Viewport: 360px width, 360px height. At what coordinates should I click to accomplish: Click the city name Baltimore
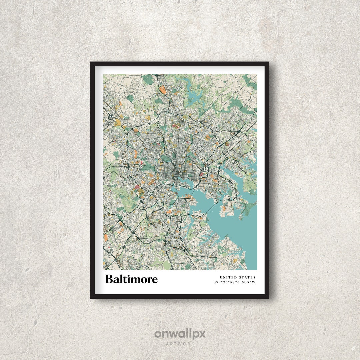pyautogui.click(x=131, y=279)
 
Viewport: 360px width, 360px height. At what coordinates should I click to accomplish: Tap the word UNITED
pyautogui.click(x=229, y=277)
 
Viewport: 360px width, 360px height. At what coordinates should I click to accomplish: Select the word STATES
pyautogui.click(x=247, y=277)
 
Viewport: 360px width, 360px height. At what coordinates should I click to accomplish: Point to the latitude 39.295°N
pyautogui.click(x=224, y=282)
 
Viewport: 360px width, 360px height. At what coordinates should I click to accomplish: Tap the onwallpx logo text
pyautogui.click(x=180, y=334)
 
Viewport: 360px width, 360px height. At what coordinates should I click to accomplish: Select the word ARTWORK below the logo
pyautogui.click(x=180, y=344)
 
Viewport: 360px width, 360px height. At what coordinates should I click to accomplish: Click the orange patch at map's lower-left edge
pyautogui.click(x=106, y=237)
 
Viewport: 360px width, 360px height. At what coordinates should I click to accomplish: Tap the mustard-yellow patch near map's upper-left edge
pyautogui.click(x=118, y=123)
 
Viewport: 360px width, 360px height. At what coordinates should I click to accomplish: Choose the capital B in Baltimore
pyautogui.click(x=109, y=279)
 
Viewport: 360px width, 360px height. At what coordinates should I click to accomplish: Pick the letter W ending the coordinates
pyautogui.click(x=254, y=282)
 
